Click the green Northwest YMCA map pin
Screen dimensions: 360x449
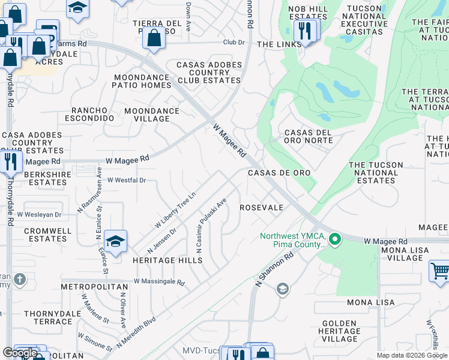point(335,240)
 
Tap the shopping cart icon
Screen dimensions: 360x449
point(440,271)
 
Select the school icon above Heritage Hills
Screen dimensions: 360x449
point(115,241)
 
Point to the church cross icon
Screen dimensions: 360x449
point(20,280)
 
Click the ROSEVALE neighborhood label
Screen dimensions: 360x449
point(261,208)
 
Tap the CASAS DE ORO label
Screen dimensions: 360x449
point(280,173)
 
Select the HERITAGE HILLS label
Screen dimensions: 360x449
point(167,260)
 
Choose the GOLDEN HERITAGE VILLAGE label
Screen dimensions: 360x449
point(340,331)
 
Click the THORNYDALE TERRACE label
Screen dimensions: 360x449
point(48,317)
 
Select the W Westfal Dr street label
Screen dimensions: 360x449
point(127,180)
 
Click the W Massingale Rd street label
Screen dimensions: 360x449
point(160,281)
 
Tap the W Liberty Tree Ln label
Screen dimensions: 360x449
point(175,210)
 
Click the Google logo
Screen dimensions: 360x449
point(20,353)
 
